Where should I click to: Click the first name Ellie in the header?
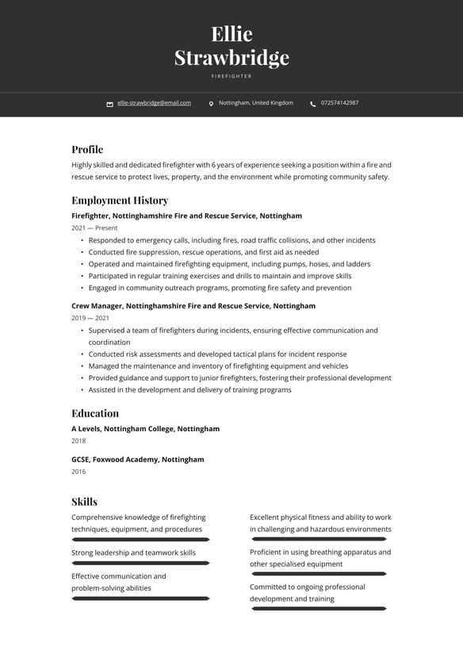(231, 34)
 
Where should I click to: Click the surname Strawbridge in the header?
(231, 58)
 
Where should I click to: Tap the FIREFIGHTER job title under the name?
(231, 76)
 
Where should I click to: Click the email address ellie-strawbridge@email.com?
(154, 103)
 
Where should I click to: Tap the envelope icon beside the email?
(110, 104)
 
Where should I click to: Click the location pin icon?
(211, 104)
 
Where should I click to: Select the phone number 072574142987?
(339, 103)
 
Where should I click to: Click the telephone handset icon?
(313, 104)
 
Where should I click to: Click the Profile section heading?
(87, 149)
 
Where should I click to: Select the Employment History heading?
(120, 201)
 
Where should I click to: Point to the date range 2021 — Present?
(94, 228)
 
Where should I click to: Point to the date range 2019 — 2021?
(90, 318)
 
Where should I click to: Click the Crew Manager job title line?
(193, 306)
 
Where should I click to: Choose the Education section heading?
(95, 413)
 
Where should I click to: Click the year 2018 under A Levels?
(78, 441)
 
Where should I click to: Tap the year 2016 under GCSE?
(78, 472)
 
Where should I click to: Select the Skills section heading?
(84, 502)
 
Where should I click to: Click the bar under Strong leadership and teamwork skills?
(140, 563)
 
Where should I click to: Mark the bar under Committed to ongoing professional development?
(318, 609)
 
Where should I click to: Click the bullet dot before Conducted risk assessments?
(82, 354)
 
